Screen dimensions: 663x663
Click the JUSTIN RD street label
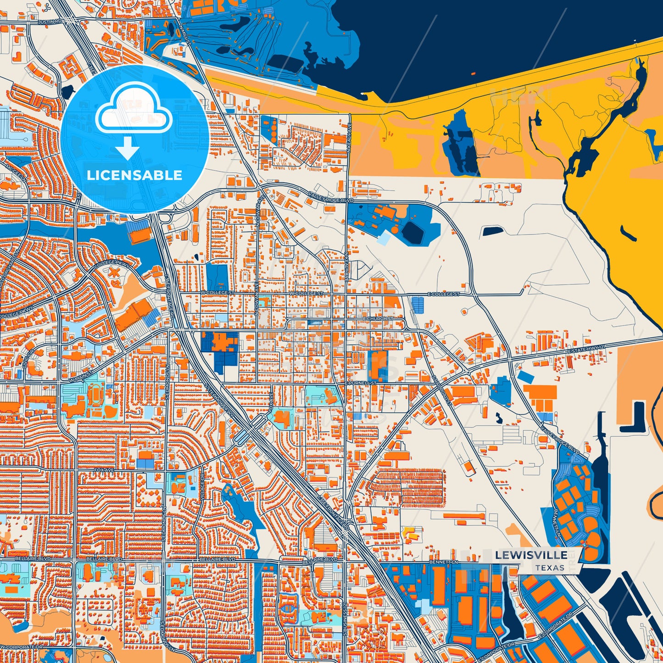coord(50,22)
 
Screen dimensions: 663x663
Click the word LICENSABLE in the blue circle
coord(134,175)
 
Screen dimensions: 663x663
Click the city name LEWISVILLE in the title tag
coord(531,555)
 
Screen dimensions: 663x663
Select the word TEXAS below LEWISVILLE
coord(549,568)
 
